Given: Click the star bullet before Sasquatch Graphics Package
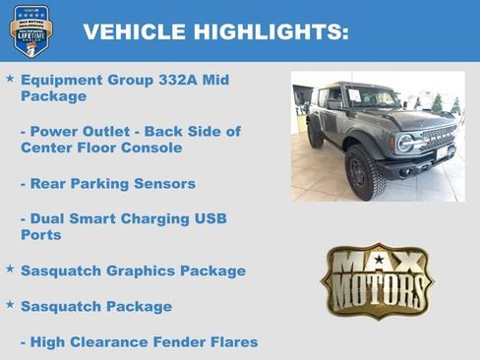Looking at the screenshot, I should point(10,269).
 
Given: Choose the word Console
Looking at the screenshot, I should point(153,148).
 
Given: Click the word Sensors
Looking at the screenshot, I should point(164,184).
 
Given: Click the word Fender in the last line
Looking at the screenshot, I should point(186,342).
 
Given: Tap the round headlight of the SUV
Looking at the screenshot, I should point(404,142).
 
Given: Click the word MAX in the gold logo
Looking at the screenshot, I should point(378,264).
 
